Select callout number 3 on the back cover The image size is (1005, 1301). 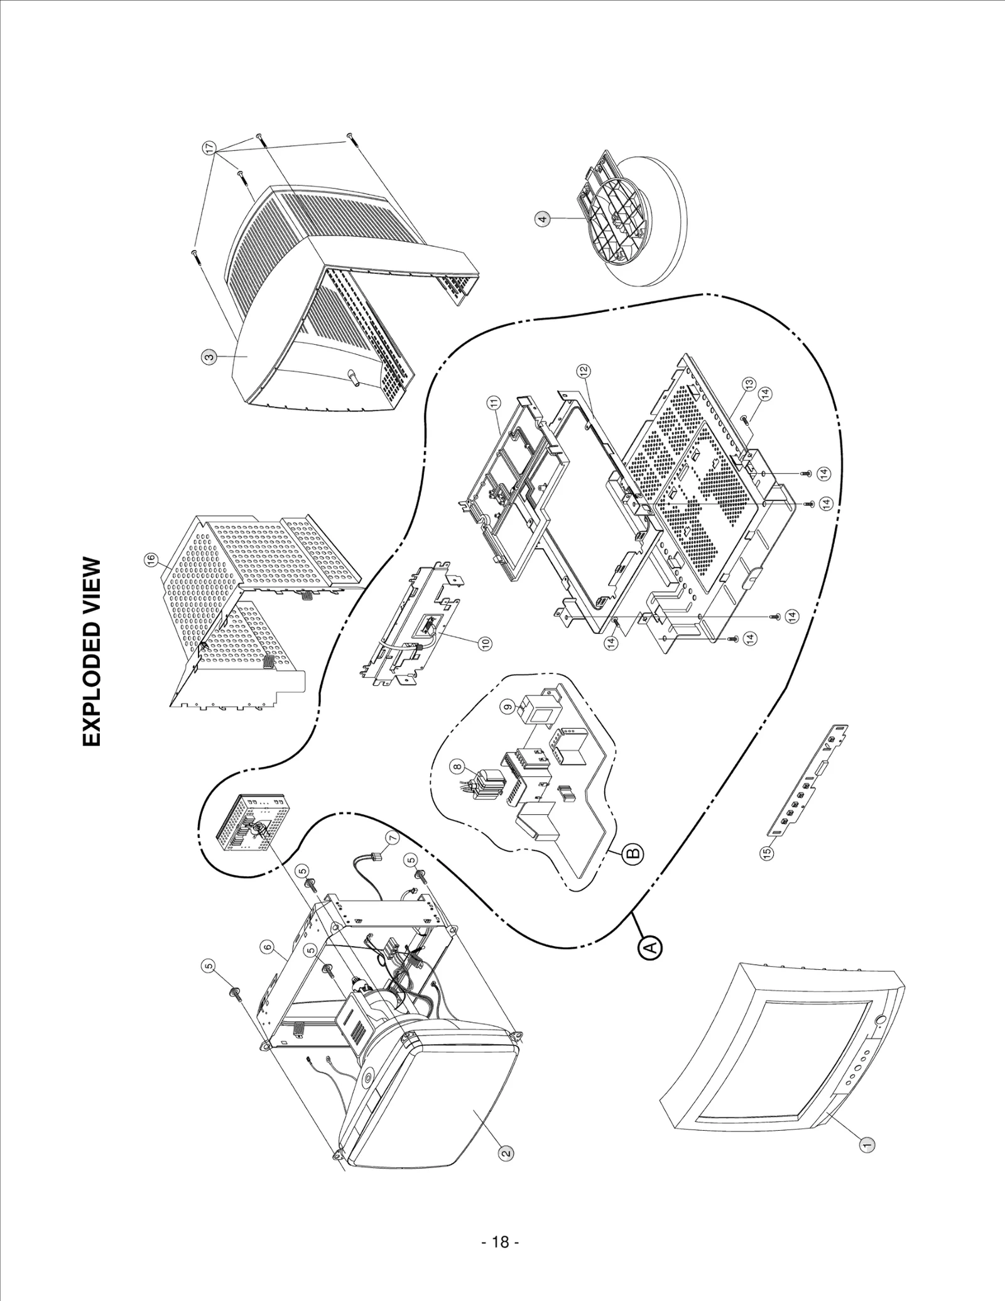209,357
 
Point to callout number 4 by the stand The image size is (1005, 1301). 543,219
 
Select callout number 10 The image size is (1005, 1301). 485,643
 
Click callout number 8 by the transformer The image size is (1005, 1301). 457,766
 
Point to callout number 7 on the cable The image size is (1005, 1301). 391,839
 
